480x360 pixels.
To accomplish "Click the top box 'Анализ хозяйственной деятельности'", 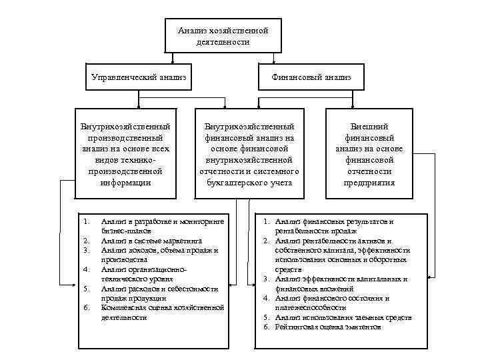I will (223, 36).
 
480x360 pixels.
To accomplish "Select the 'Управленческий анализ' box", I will (138, 78).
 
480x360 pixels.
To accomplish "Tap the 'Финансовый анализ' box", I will (311, 78).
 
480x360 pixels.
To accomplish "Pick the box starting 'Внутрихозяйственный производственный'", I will (125, 154).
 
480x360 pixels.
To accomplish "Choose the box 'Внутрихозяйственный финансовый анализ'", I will (249, 154).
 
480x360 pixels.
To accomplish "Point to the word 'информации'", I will (125, 182).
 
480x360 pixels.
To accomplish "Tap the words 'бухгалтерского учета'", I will (249, 182).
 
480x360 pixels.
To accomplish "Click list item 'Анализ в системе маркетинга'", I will (143, 240).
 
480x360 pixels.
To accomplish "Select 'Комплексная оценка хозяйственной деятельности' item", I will (162, 307).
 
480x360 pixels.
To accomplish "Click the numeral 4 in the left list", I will (87, 269).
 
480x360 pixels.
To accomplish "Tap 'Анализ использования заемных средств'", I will (343, 317).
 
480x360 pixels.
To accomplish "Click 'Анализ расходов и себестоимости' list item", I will (159, 289).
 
